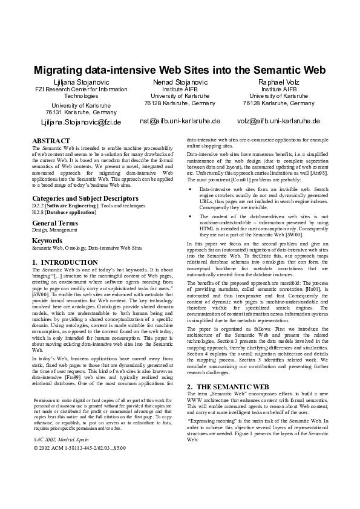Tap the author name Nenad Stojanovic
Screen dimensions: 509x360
(x=180, y=82)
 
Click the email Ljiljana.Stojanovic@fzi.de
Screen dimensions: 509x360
(x=81, y=122)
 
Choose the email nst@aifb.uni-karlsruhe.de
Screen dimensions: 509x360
(x=180, y=121)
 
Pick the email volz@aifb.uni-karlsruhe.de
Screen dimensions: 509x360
(x=278, y=121)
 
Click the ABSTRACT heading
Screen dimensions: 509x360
(x=51, y=141)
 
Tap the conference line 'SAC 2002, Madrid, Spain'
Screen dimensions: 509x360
(x=61, y=423)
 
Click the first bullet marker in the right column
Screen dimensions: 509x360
(x=191, y=189)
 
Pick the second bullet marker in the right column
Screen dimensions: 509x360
(x=191, y=216)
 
